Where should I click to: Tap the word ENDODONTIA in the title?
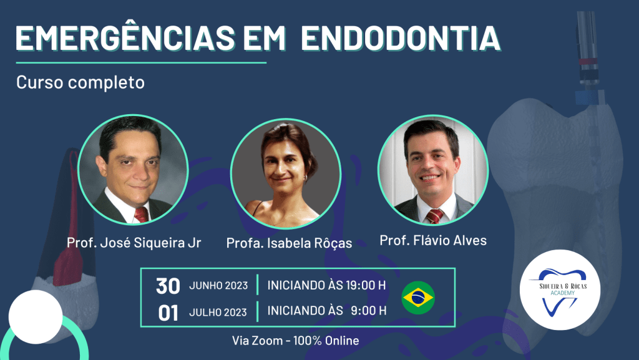pos(401,38)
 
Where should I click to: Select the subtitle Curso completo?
pos(80,83)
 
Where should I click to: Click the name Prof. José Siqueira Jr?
pos(134,243)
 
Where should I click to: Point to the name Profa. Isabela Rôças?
pos(289,243)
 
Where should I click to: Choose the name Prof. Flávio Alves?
pos(433,240)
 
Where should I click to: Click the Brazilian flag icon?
pos(418,298)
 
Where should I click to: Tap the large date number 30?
pos(168,286)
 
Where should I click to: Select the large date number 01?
pos(168,313)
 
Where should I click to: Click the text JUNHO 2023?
pos(218,286)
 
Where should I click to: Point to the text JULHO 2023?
pos(218,313)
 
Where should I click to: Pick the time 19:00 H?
pos(366,285)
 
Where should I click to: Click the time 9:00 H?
pos(368,311)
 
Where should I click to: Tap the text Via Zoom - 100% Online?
pos(295,341)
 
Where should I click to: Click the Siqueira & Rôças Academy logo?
pos(560,290)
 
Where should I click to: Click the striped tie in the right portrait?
pos(435,216)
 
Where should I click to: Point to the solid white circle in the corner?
pos(36,317)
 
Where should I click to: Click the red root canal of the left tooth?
pos(69,228)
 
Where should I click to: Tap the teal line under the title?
pos(141,63)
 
